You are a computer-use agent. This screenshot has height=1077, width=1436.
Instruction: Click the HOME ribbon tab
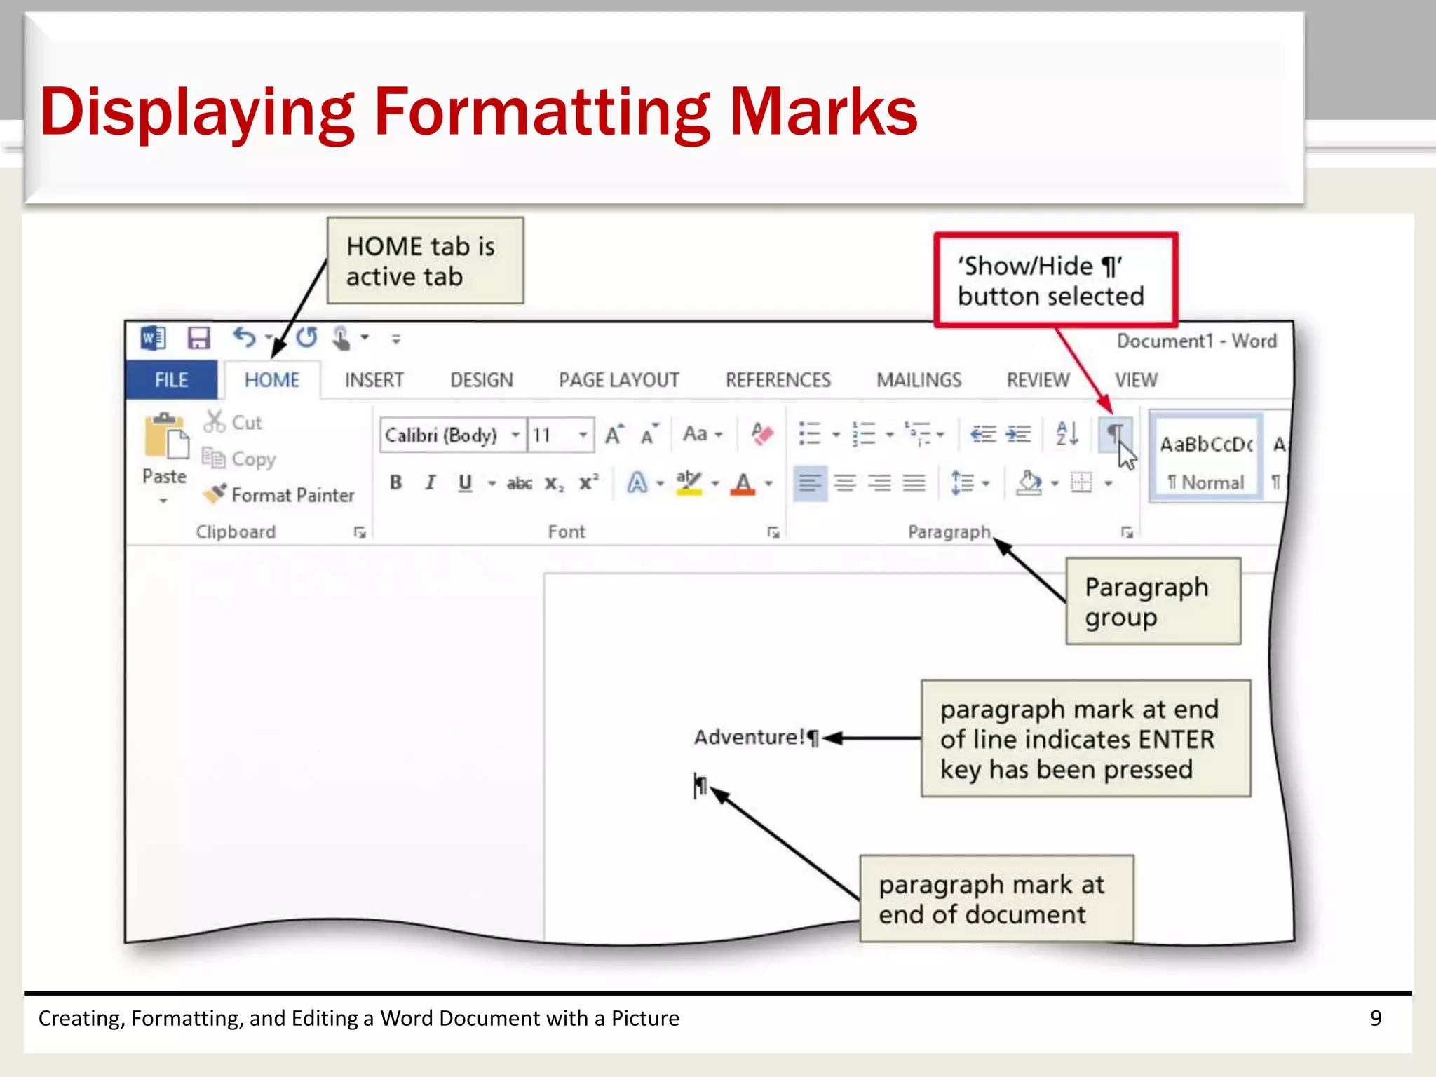pyautogui.click(x=271, y=380)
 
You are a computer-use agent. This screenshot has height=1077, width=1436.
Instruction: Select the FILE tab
pyautogui.click(x=171, y=380)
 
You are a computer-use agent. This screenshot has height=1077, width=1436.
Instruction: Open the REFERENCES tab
pyautogui.click(x=778, y=380)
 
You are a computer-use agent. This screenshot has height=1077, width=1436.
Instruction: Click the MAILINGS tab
pyautogui.click(x=919, y=380)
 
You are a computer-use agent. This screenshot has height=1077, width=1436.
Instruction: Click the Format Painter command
pyautogui.click(x=280, y=495)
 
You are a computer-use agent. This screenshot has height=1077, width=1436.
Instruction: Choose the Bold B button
pyautogui.click(x=396, y=482)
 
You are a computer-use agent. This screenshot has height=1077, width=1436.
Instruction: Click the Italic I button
pyautogui.click(x=430, y=482)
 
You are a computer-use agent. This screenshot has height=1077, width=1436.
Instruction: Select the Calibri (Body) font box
pyautogui.click(x=442, y=435)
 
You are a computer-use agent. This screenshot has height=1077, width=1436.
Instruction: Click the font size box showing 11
pyautogui.click(x=550, y=435)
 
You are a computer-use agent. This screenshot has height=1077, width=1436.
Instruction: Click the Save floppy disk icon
pyautogui.click(x=198, y=339)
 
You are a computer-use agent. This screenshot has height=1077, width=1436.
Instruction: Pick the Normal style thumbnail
pyautogui.click(x=1206, y=457)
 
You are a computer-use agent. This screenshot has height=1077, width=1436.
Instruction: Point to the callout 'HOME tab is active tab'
pyautogui.click(x=425, y=261)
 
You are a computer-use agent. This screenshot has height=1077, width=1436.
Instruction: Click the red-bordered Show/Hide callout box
pyautogui.click(x=1055, y=280)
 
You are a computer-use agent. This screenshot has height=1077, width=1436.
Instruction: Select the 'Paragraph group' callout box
pyautogui.click(x=1153, y=602)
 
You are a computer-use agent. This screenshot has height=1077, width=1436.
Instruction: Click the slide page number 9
pyautogui.click(x=1376, y=1018)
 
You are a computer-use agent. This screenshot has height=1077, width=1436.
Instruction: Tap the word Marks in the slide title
pyautogui.click(x=823, y=112)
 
